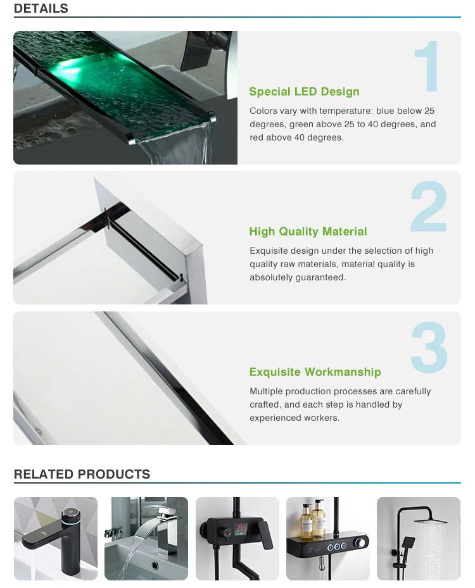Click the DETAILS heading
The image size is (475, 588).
tap(41, 9)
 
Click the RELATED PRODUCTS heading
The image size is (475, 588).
tap(82, 474)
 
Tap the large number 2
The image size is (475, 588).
tap(429, 207)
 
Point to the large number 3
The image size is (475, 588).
tap(429, 347)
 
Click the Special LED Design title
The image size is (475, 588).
tap(304, 92)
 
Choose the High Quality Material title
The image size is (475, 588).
tap(308, 232)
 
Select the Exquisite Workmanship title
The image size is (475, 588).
tap(315, 372)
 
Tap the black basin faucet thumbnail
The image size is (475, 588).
tap(56, 539)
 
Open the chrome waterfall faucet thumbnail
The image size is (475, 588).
tap(146, 539)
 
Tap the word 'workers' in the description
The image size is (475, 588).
tap(322, 418)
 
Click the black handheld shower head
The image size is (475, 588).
tap(408, 543)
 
